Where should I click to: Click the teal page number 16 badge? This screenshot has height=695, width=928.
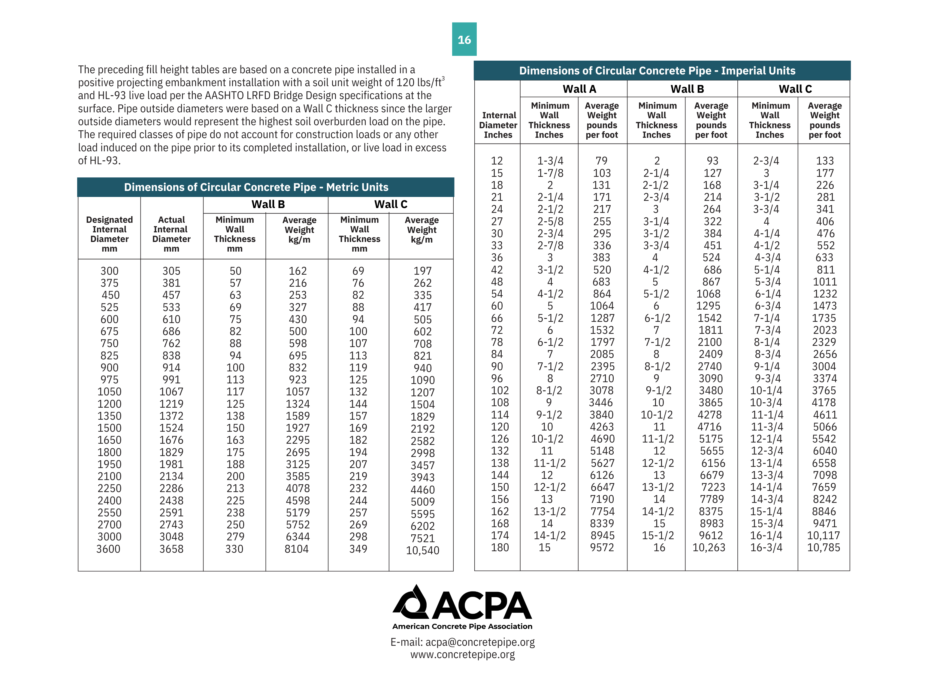464,39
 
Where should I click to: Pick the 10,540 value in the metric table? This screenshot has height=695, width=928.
422,550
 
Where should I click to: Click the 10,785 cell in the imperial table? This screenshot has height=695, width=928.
824,547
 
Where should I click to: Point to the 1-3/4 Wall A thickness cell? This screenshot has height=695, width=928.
550,161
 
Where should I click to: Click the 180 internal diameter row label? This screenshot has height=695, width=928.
500,547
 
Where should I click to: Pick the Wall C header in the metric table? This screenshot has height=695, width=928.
391,204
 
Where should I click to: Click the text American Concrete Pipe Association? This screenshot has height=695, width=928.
462,626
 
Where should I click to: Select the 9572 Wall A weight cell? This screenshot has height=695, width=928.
602,547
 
